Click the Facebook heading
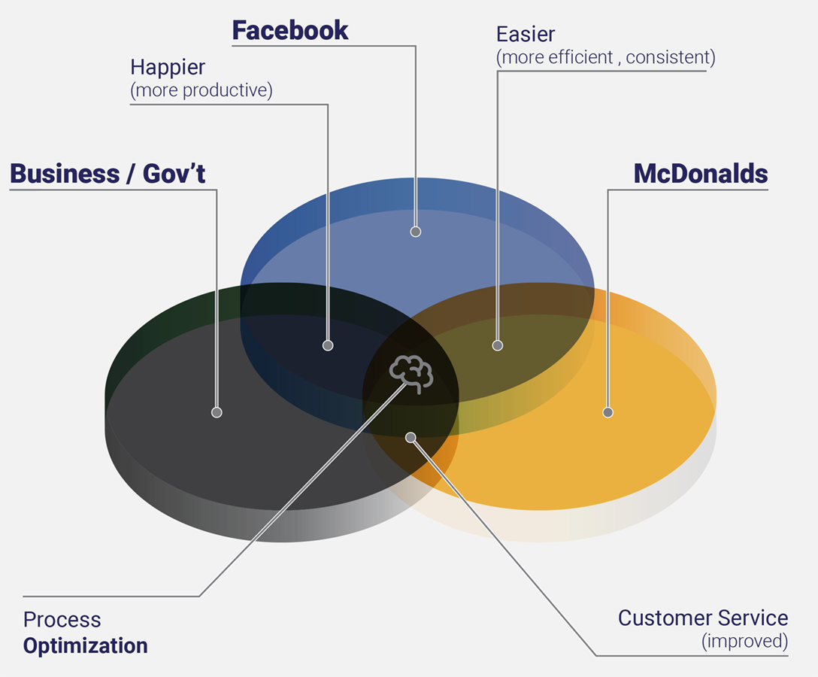[x=289, y=30]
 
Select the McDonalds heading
[x=701, y=174]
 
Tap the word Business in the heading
[x=65, y=174]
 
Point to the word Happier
[x=168, y=67]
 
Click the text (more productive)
[x=201, y=90]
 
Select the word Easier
[x=526, y=34]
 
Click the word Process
[x=62, y=620]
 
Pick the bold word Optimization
[x=85, y=645]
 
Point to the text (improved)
[x=744, y=642]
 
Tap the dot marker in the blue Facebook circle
[x=416, y=232]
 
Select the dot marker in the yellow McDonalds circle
[x=608, y=412]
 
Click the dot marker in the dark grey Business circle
[x=217, y=412]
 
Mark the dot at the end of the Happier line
[x=328, y=346]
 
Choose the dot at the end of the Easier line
[x=498, y=346]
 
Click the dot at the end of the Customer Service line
[x=411, y=437]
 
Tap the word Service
[x=754, y=618]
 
